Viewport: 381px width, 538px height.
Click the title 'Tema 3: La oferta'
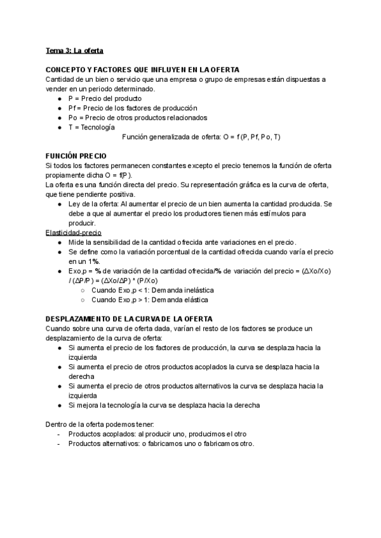click(75, 49)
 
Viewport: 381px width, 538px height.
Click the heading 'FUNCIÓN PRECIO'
click(76, 156)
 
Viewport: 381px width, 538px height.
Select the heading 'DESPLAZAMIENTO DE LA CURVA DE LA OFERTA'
click(130, 318)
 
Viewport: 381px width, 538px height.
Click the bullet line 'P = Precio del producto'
click(105, 98)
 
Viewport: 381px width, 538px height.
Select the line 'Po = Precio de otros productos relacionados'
click(137, 117)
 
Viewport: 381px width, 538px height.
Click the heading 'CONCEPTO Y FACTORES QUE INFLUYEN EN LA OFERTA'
click(143, 69)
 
